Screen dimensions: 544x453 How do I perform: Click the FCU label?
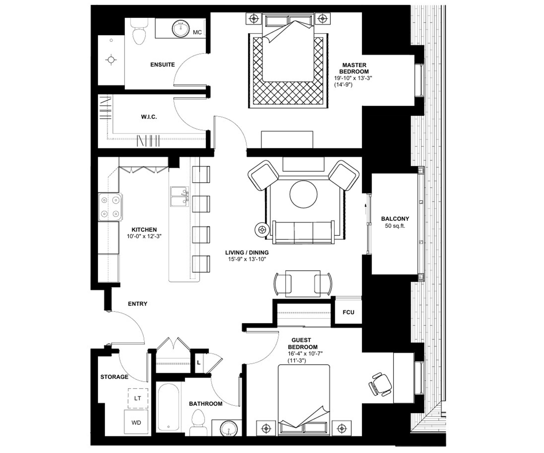(x=349, y=312)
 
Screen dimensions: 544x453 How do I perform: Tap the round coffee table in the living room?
(x=304, y=194)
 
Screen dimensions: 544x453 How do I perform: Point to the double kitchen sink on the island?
(x=180, y=197)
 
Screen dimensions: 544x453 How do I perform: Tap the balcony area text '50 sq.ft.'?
(x=395, y=226)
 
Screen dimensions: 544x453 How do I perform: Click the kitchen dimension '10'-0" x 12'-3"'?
(x=144, y=236)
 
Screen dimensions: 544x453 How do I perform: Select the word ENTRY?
(x=137, y=304)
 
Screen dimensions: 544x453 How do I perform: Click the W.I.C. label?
(x=149, y=117)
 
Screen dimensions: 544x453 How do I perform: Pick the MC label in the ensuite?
(x=197, y=32)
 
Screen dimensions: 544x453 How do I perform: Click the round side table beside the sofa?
(x=262, y=230)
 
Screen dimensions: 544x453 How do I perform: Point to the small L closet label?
(x=199, y=363)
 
